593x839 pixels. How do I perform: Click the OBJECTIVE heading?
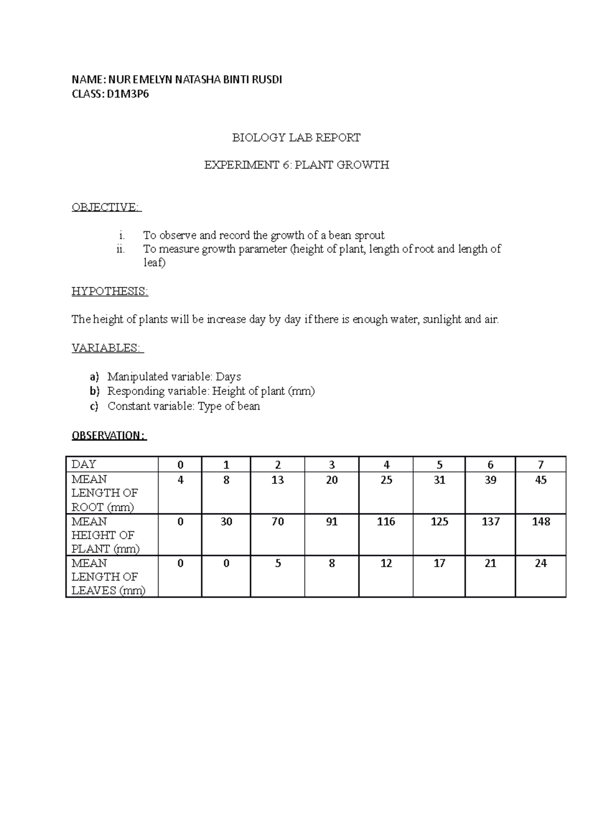[106, 207]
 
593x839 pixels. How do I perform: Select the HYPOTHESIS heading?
[110, 291]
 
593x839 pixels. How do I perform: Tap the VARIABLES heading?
[107, 348]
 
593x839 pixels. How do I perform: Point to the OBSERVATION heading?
[109, 435]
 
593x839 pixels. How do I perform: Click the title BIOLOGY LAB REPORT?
[296, 137]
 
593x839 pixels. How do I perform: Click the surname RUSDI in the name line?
[268, 80]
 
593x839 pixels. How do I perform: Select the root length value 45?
[541, 480]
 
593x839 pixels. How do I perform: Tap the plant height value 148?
[541, 521]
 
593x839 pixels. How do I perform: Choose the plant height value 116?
[386, 521]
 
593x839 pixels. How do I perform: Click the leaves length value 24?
[541, 563]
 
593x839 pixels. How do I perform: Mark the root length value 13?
[278, 480]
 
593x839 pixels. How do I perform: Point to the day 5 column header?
[439, 464]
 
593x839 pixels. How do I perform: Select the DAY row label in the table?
[84, 464]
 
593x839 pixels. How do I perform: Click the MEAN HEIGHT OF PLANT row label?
[105, 535]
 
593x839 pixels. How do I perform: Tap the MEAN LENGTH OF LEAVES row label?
[108, 577]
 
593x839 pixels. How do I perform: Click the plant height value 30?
[226, 521]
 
